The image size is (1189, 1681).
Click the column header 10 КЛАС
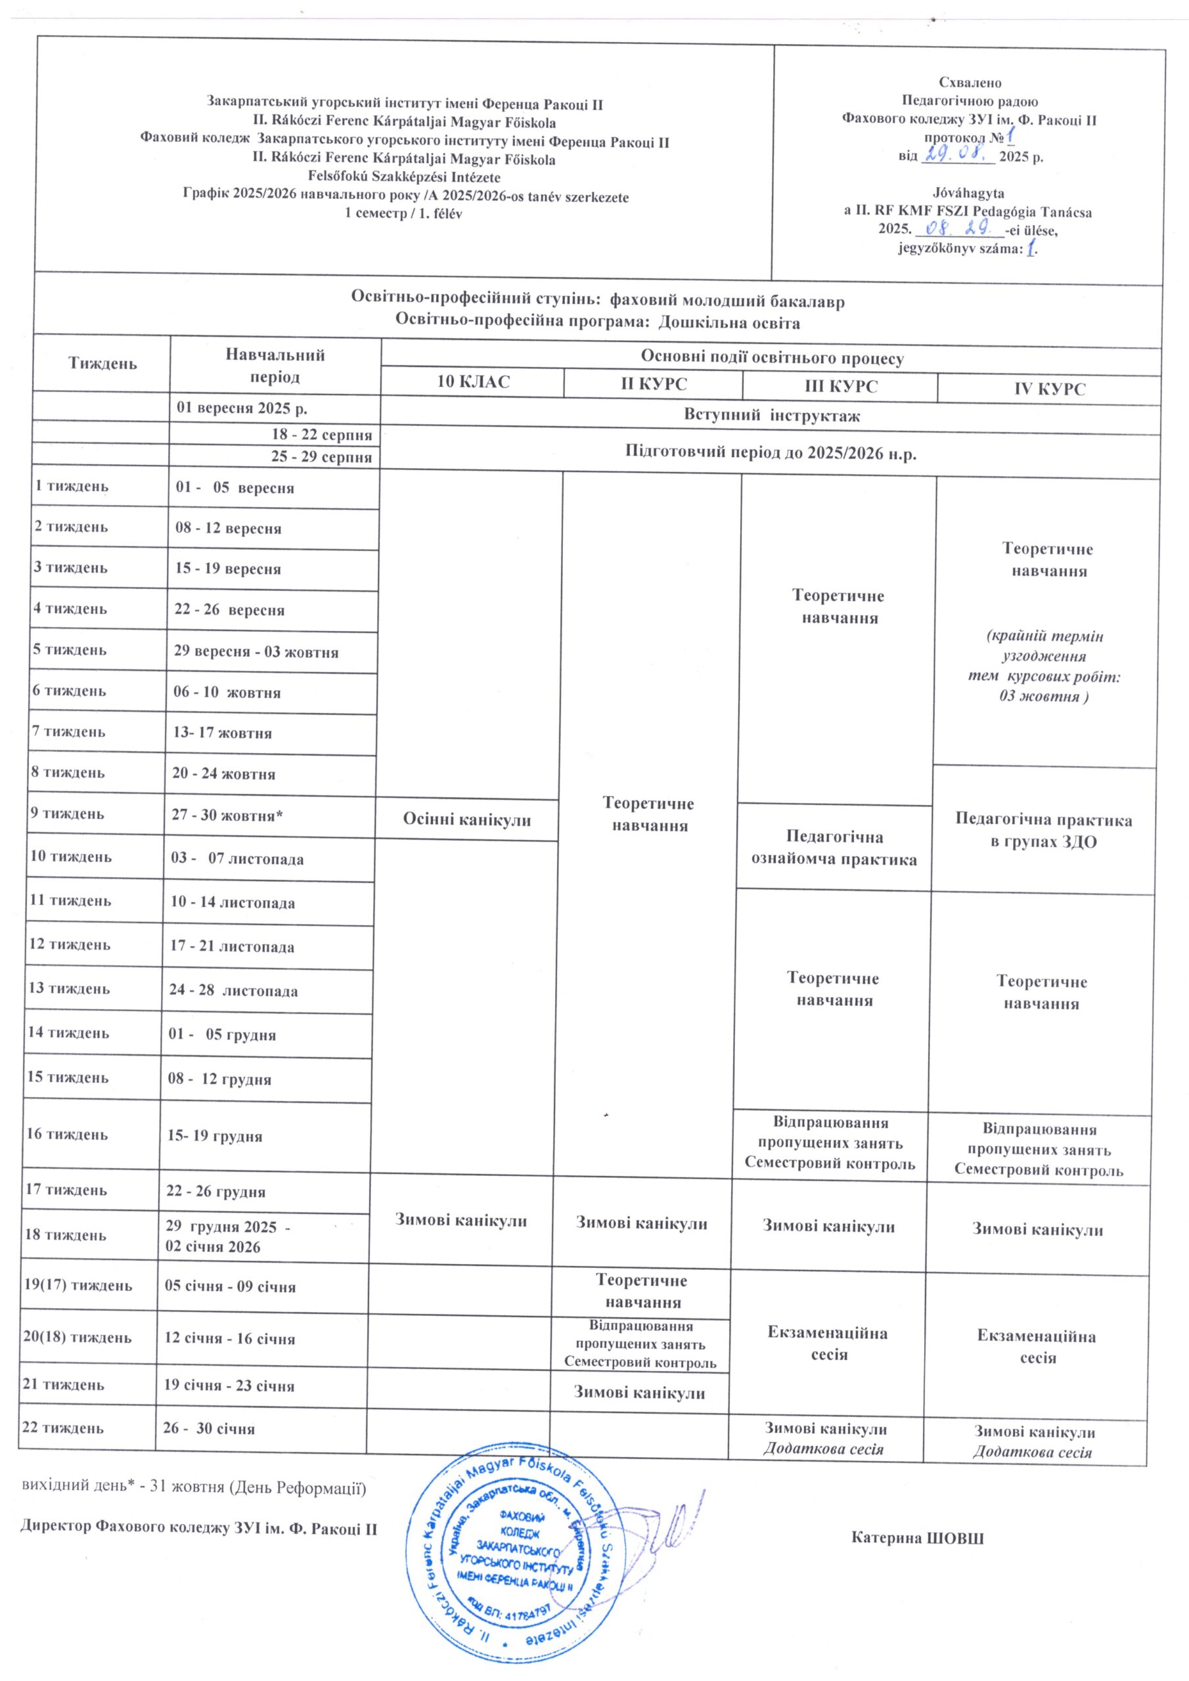pos(472,382)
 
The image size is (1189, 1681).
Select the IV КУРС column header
pos(1049,389)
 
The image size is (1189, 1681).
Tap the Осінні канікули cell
pos(466,819)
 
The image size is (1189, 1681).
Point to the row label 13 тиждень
pos(69,988)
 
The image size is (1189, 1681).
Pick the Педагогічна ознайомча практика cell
pos(834,848)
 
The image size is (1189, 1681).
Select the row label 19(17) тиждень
pos(77,1285)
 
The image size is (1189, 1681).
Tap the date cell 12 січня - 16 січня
pos(229,1338)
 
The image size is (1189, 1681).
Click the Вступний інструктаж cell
pos(771,416)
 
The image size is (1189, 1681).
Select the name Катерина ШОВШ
pos(917,1539)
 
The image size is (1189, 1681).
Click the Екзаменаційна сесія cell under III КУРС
pos(828,1343)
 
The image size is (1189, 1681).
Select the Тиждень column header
pos(102,363)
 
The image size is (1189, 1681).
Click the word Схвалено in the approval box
pos(970,83)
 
